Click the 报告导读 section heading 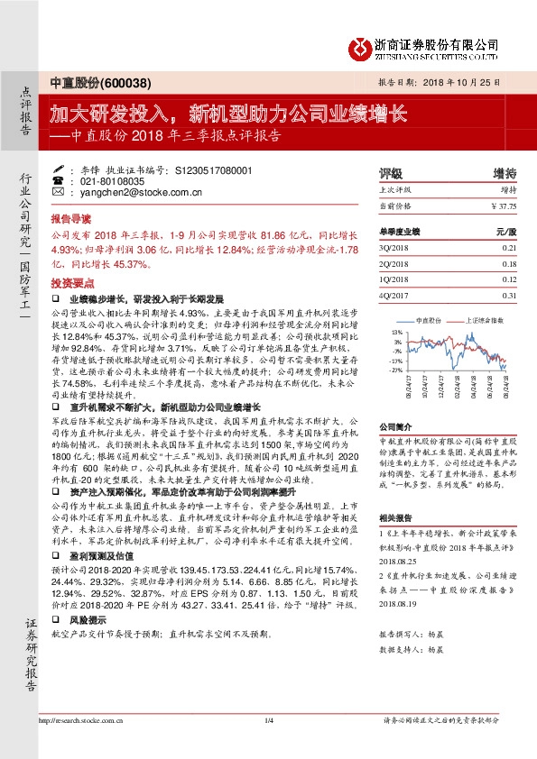[70, 218]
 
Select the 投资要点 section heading [70, 282]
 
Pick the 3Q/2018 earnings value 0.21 [509, 246]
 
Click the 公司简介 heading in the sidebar [394, 425]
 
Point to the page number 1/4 [268, 745]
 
